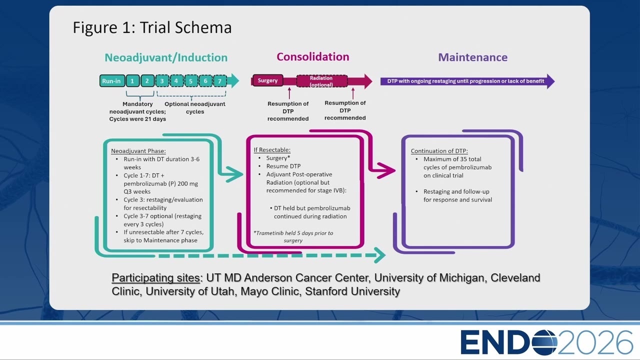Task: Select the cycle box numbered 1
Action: click(x=132, y=81)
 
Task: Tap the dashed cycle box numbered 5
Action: click(x=191, y=81)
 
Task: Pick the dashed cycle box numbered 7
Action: click(x=219, y=81)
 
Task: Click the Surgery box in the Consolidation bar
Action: click(x=267, y=80)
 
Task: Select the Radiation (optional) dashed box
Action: click(x=321, y=81)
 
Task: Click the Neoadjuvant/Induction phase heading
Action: click(x=166, y=57)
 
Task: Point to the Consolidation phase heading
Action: click(x=313, y=56)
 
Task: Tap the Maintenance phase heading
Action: click(x=473, y=57)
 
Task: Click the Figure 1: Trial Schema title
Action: click(x=152, y=27)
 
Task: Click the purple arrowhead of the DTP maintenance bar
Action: click(x=550, y=81)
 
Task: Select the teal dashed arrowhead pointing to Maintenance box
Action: click(x=379, y=255)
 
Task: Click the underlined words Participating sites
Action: click(x=155, y=277)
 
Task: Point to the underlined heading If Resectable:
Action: click(x=272, y=149)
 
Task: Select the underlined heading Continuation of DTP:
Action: click(x=439, y=151)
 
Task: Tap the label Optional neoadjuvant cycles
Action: click(x=195, y=107)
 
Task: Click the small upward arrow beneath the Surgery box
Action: click(x=289, y=93)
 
